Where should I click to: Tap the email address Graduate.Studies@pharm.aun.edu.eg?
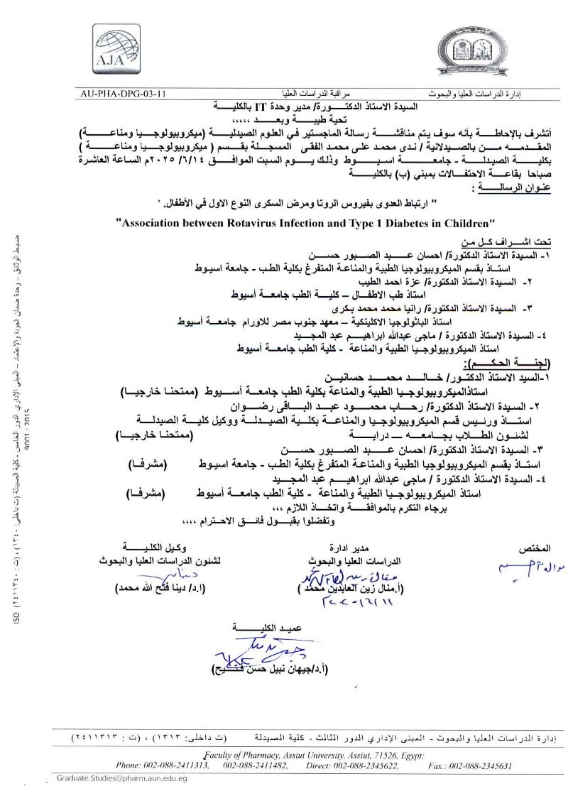122,778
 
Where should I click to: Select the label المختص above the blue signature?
536,548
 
